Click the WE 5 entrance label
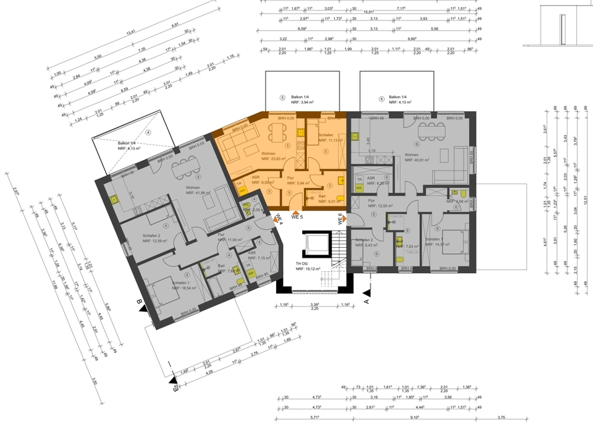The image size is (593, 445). (296, 217)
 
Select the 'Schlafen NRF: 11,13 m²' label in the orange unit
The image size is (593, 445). (327, 138)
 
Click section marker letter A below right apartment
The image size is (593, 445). (366, 301)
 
